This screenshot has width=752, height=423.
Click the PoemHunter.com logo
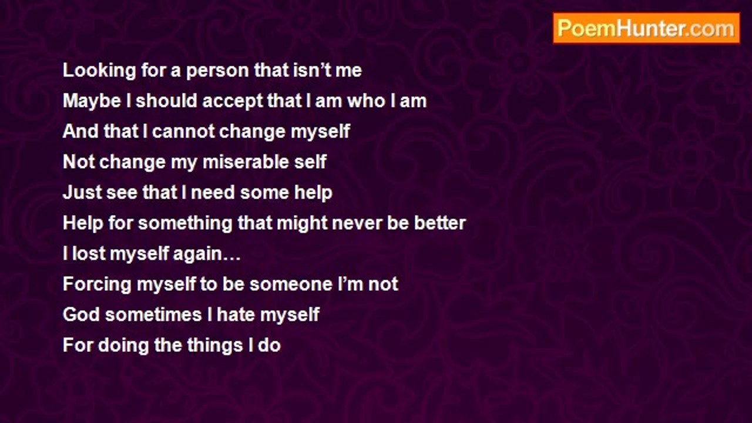(646, 28)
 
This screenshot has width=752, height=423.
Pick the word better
(440, 223)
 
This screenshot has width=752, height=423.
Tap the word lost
(89, 253)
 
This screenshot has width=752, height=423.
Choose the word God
(81, 314)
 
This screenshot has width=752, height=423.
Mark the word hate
(236, 314)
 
